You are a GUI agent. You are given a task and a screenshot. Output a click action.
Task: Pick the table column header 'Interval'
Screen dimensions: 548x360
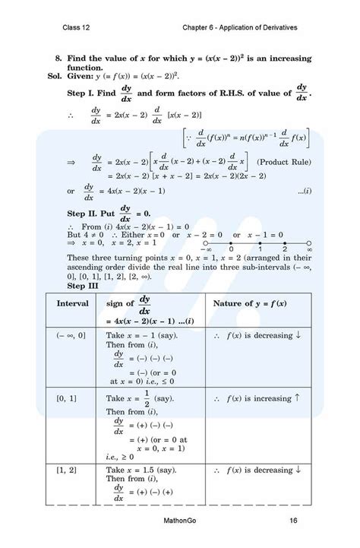(x=73, y=304)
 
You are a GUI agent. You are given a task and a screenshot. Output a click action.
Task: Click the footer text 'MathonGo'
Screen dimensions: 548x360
(x=179, y=521)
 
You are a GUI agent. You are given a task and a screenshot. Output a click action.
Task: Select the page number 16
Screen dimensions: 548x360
(x=292, y=521)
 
